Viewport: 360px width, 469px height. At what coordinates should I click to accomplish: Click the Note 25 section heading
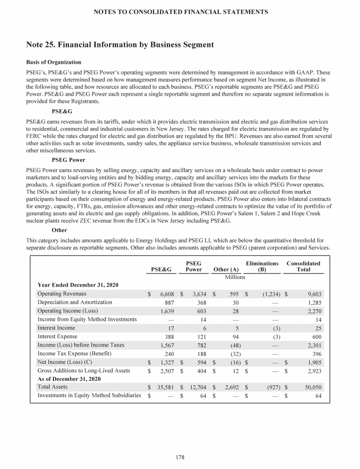120,45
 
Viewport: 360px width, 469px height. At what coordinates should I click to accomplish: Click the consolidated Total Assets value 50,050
310,387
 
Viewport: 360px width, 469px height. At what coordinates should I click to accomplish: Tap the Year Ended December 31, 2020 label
77,285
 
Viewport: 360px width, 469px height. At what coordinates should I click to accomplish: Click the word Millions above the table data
235,277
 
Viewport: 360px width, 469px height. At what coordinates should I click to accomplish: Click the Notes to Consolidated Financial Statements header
180,12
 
